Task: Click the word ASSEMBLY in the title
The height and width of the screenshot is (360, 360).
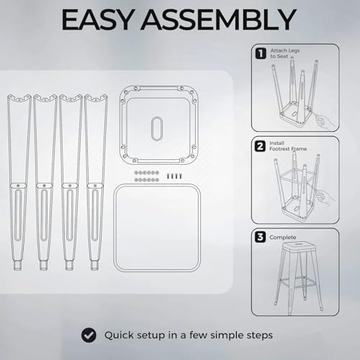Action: (218, 19)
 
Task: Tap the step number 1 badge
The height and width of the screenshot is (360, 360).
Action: (261, 53)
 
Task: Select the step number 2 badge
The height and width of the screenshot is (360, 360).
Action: (261, 146)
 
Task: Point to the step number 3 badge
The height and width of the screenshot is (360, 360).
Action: (261, 237)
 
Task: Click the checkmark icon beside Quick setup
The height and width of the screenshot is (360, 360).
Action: (89, 335)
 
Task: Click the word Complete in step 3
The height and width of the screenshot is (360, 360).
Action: (283, 238)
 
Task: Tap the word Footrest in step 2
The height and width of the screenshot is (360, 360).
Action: (279, 149)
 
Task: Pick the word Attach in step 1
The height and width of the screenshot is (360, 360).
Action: (279, 50)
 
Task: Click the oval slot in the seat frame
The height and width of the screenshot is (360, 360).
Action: (157, 129)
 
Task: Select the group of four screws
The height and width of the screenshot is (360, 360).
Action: (174, 176)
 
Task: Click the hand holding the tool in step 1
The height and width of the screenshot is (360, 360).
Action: (324, 121)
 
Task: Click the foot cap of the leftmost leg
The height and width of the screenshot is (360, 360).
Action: (18, 265)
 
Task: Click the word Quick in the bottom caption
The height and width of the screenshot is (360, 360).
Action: (119, 336)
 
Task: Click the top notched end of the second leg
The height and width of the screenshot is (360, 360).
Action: (45, 99)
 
